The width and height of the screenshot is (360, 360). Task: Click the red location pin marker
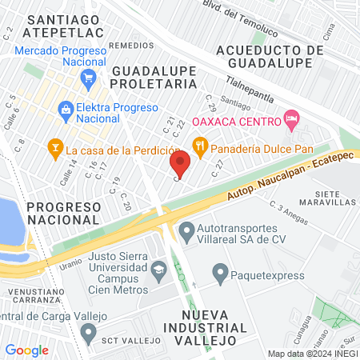click(x=180, y=165)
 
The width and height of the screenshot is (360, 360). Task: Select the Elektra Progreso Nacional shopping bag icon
click(x=63, y=109)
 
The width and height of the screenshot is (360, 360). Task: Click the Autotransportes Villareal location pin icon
click(x=186, y=233)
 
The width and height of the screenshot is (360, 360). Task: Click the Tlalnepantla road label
click(x=240, y=90)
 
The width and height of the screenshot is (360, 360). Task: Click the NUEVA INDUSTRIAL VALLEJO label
click(x=198, y=326)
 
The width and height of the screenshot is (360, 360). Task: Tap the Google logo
click(x=27, y=350)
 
